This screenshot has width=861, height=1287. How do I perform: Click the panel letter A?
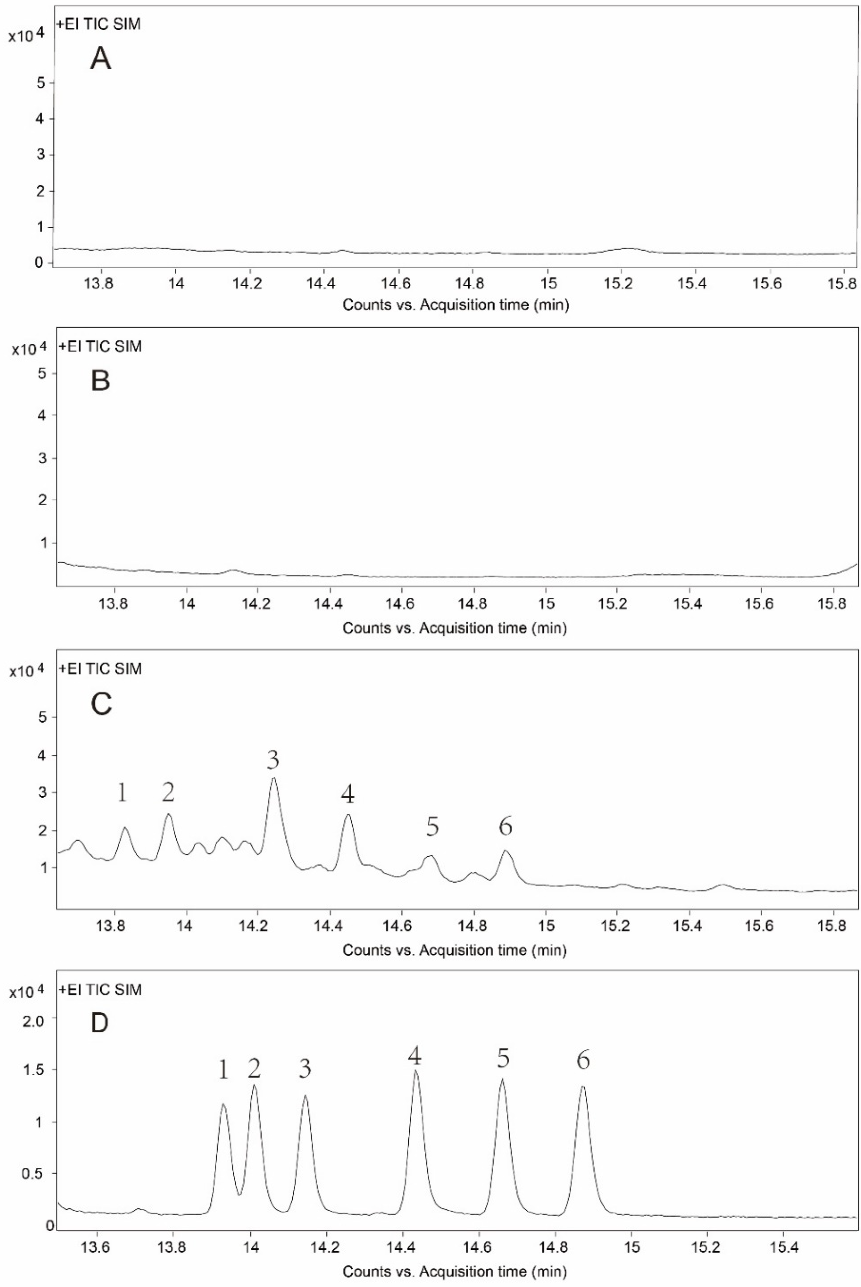(x=101, y=59)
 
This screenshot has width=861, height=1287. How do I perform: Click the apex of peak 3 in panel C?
(x=274, y=778)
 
